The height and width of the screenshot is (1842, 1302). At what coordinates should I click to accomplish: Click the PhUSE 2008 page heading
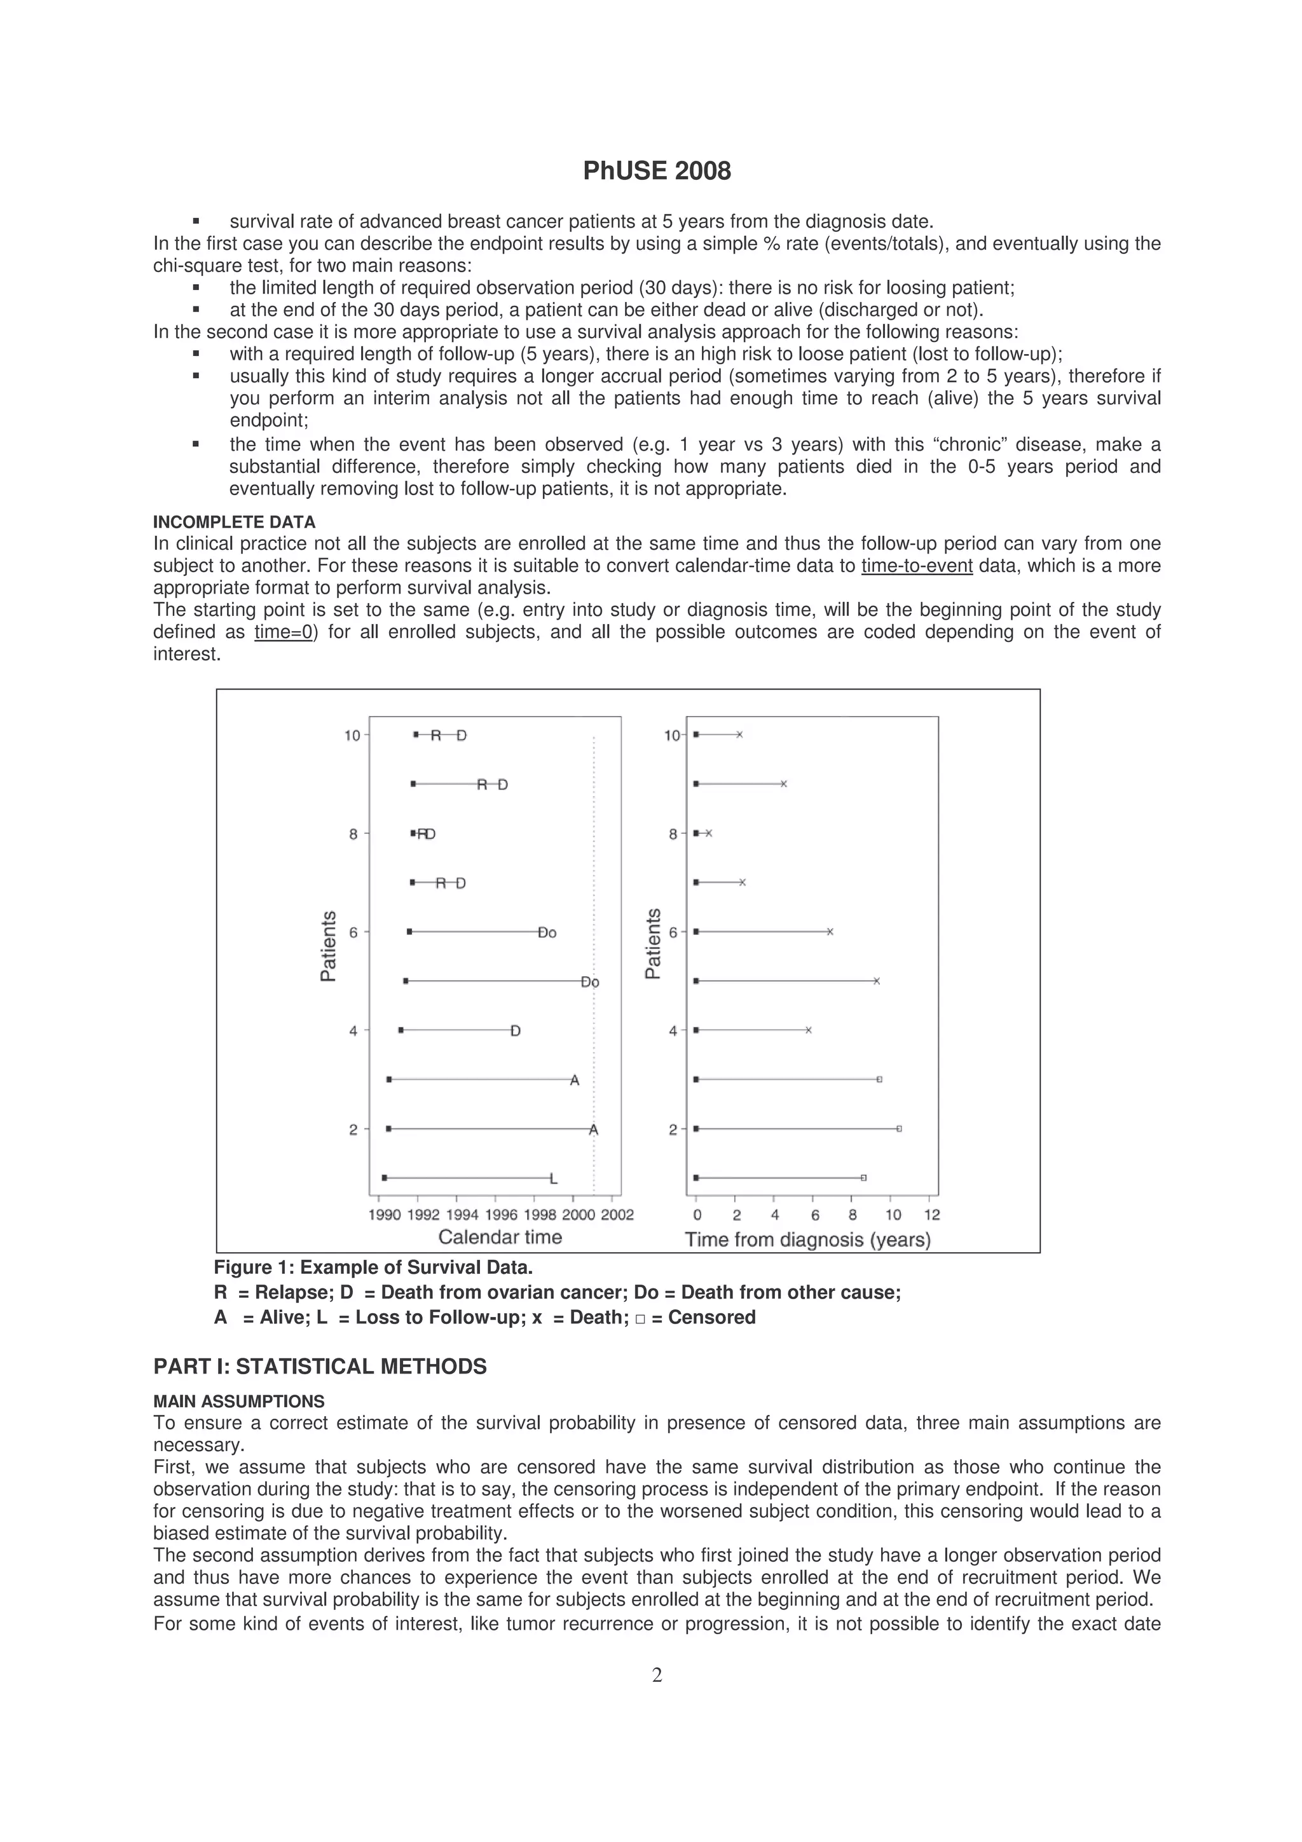coord(656,172)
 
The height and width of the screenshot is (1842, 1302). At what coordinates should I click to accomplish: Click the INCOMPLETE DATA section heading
coord(233,522)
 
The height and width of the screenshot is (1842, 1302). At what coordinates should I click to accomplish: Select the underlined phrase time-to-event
coord(916,566)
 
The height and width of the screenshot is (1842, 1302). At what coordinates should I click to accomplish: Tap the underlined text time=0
coord(283,632)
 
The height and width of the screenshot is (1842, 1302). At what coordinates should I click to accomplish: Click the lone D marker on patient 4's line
coord(515,1031)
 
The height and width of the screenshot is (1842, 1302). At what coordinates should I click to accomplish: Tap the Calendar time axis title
coord(500,1237)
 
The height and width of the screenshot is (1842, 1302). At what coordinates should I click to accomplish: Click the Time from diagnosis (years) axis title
coord(807,1239)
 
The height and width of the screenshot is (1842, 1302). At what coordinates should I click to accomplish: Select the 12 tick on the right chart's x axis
coord(931,1215)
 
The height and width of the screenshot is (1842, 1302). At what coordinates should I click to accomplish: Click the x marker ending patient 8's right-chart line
coord(709,833)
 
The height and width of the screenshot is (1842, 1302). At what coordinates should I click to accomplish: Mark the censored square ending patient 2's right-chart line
coord(900,1129)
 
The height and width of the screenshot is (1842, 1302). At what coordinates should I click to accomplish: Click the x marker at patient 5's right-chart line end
coord(877,981)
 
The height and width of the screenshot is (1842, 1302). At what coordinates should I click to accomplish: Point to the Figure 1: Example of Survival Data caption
coord(373,1267)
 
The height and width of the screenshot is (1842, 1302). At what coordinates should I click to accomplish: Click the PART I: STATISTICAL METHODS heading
coord(319,1367)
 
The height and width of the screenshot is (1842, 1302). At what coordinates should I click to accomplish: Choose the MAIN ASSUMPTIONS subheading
coord(238,1402)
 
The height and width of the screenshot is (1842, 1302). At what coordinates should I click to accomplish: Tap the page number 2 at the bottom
coord(656,1674)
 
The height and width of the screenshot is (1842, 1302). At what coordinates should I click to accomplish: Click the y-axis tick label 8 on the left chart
coord(353,835)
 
